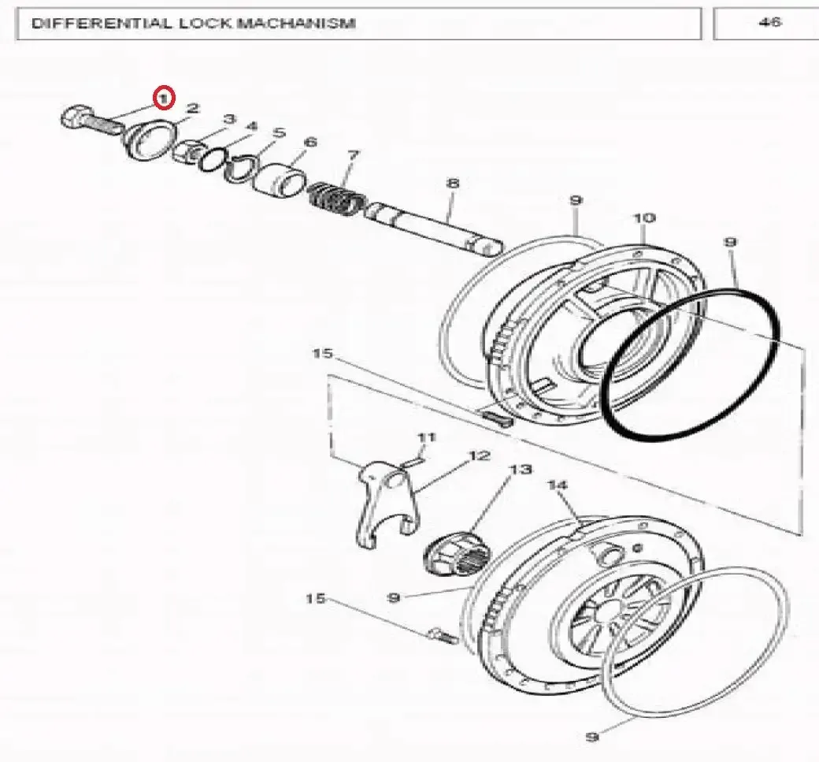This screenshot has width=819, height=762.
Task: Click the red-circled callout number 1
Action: coord(164,98)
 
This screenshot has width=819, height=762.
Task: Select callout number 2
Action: coord(193,108)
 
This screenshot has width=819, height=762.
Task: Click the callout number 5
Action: coord(280,132)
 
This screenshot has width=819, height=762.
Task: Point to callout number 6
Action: coord(310,142)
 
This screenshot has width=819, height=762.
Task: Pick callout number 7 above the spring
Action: coord(354,155)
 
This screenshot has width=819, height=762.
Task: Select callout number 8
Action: coord(452,183)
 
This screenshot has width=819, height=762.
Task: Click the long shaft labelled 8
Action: coord(434,228)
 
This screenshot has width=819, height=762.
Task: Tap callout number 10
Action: coord(644,217)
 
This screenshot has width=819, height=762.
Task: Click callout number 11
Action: coord(426,437)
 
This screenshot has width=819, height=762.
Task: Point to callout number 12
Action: coord(480,455)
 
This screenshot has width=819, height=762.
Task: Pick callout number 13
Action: coord(521,470)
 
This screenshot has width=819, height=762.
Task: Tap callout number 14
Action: coord(557,485)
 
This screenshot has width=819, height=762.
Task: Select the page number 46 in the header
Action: coord(770,22)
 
